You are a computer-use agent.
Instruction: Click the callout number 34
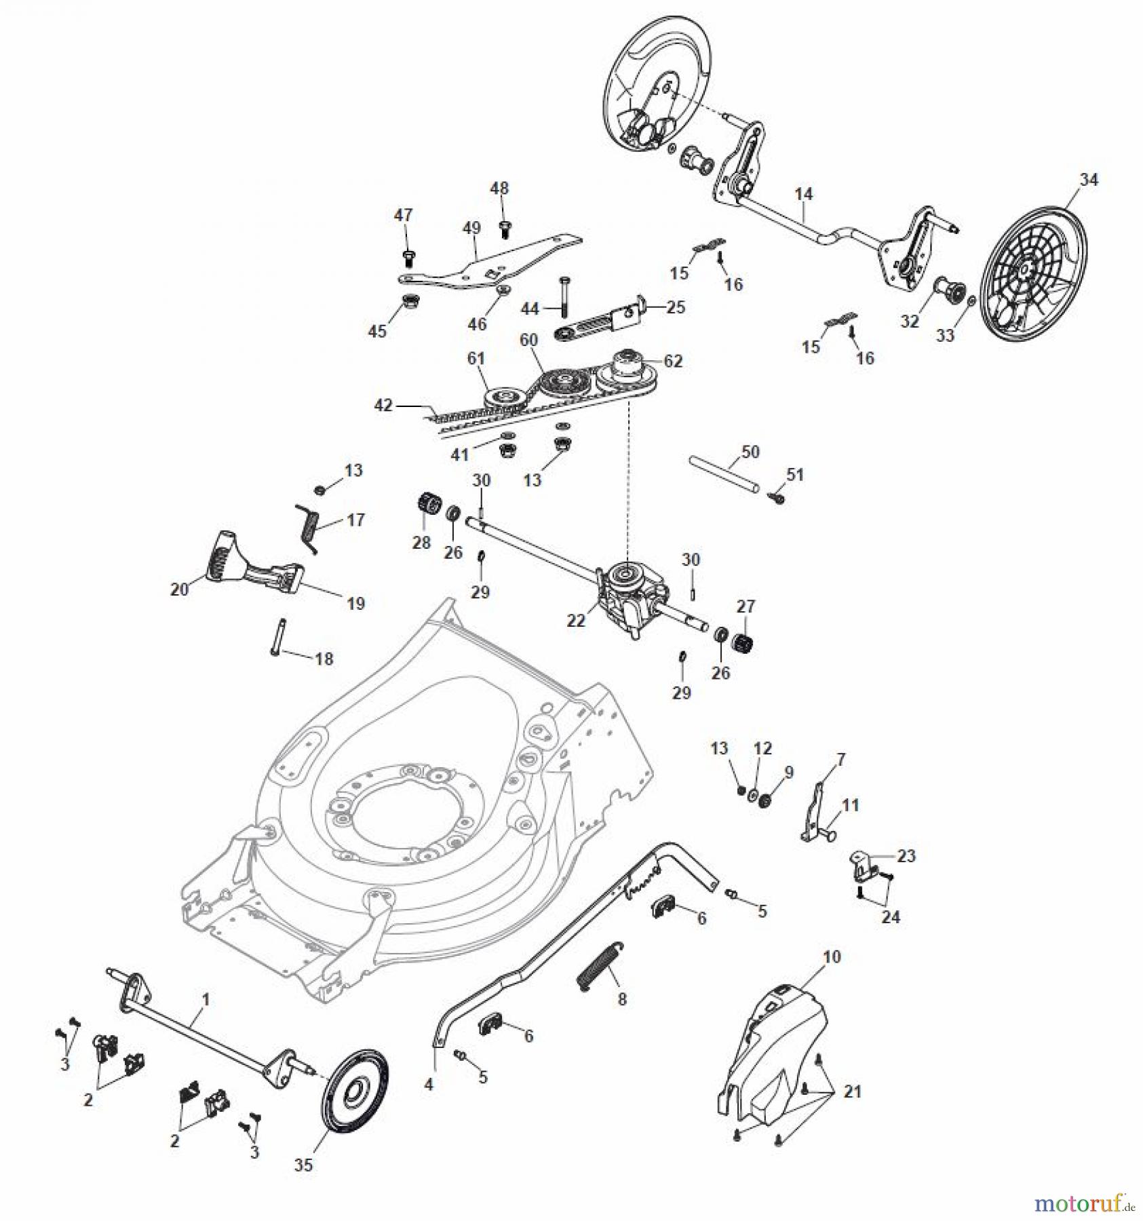1089,180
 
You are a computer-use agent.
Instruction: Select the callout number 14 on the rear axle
803,194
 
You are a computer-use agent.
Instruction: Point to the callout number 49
471,228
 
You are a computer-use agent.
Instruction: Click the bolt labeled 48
503,229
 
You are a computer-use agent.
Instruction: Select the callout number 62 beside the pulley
673,362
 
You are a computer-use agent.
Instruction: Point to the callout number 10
832,957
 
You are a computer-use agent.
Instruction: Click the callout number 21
852,1091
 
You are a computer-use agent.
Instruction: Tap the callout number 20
179,589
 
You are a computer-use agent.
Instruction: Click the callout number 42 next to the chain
383,405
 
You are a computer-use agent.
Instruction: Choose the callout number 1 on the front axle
206,1000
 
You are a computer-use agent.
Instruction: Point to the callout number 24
890,917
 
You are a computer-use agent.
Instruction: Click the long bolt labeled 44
563,296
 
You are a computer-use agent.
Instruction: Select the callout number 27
745,606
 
